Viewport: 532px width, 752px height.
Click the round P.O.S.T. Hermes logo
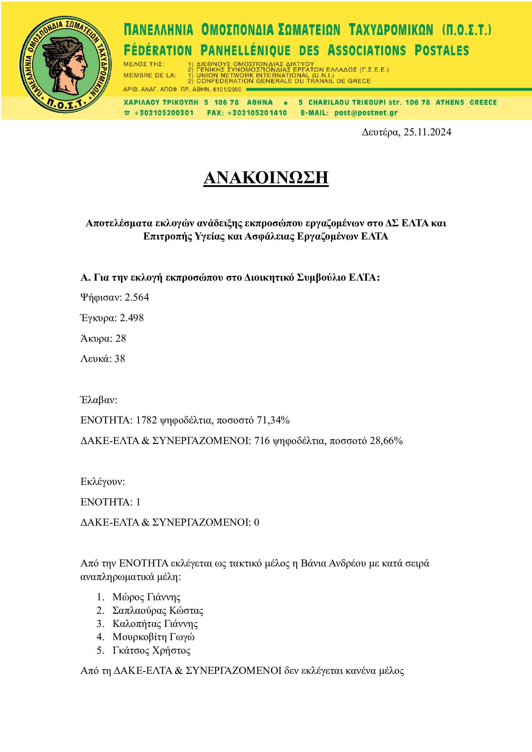pos(65,65)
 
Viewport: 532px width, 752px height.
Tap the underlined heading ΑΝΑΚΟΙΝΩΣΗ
pos(266,177)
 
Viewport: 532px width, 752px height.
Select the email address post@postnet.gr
pos(366,113)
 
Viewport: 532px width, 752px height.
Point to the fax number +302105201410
pos(257,113)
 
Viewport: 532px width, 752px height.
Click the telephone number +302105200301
pos(164,113)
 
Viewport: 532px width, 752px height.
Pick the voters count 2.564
pos(137,297)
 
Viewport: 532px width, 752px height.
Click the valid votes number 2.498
pos(132,318)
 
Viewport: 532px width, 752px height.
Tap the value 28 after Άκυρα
pos(121,338)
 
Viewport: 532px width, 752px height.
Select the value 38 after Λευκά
pos(120,359)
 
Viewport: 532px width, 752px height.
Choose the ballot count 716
pos(262,440)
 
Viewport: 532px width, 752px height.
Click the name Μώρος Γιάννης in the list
pos(146,597)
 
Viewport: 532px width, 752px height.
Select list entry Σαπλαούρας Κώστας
pos(158,610)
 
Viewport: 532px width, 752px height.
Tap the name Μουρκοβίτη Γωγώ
pos(153,637)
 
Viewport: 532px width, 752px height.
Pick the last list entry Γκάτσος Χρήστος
pos(151,650)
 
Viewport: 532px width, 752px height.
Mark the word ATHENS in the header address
pos(449,102)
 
